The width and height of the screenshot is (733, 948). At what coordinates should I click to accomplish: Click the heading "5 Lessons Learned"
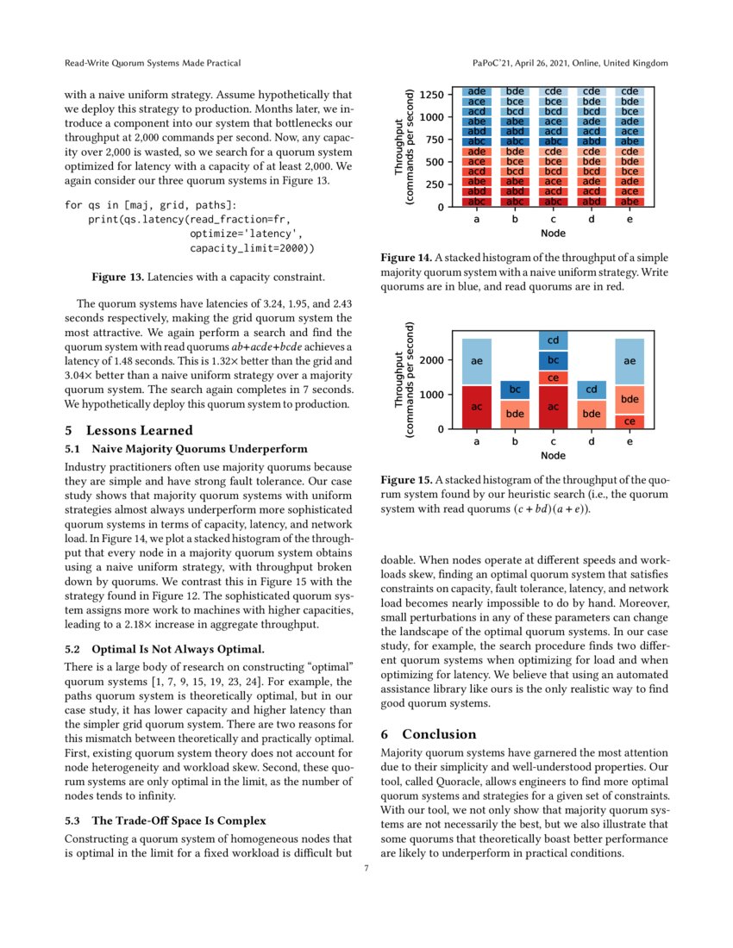128,430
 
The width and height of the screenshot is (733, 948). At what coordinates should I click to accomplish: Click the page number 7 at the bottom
366,868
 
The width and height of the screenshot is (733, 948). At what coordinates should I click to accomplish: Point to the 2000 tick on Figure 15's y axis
433,360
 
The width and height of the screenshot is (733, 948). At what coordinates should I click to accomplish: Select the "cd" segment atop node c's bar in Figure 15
553,340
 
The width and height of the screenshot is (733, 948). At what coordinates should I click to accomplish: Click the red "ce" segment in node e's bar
630,421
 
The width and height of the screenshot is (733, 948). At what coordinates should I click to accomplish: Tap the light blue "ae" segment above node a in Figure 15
476,362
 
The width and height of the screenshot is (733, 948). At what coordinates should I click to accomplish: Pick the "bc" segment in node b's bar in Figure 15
514,390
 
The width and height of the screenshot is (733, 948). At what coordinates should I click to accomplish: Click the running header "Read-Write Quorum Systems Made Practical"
153,64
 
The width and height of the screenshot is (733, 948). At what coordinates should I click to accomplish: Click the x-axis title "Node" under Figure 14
552,233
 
